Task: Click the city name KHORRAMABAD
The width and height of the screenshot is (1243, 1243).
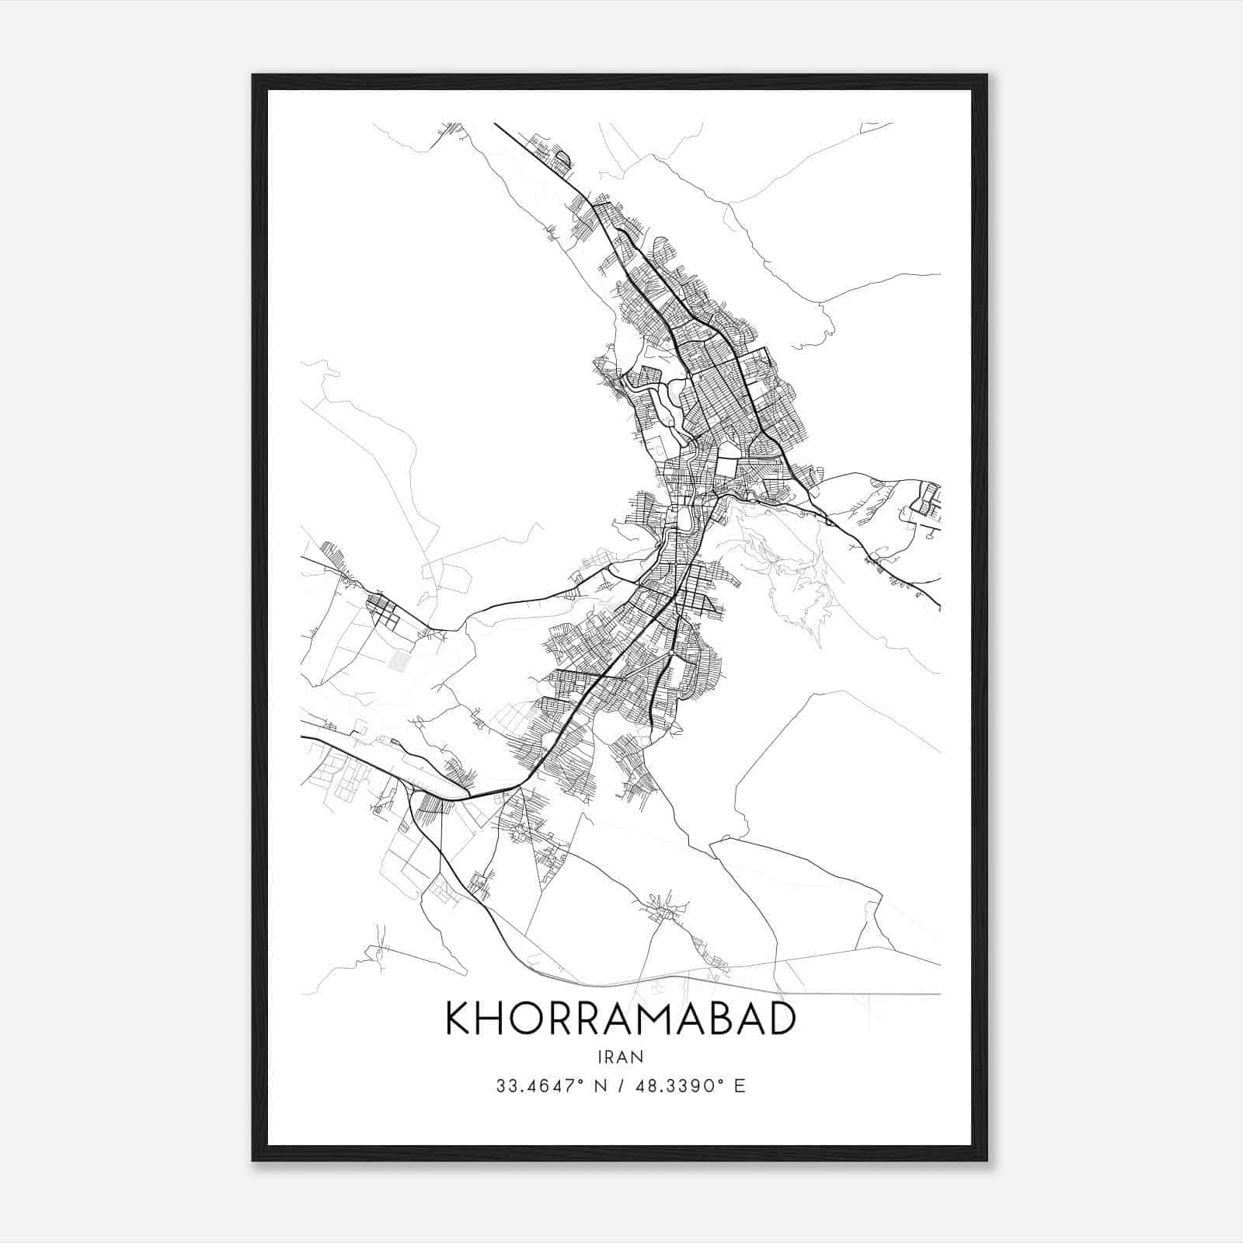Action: (621, 1019)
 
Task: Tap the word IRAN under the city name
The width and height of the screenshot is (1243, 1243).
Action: (621, 1057)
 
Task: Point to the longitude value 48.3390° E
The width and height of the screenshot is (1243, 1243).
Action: (690, 1086)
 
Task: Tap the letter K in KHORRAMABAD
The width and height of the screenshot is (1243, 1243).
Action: (458, 1019)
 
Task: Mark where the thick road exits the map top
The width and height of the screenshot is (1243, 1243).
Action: (496, 124)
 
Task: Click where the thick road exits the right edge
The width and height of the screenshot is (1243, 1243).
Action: (939, 606)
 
